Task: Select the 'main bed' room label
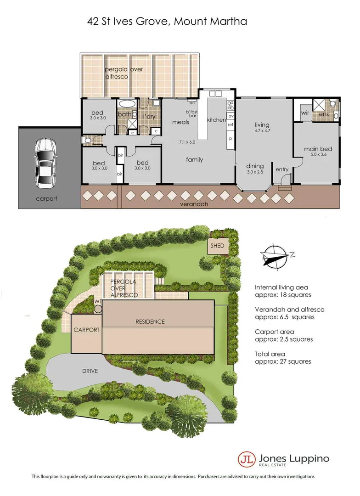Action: coord(318,149)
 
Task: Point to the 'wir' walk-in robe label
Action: coord(304,113)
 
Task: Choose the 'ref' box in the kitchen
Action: coord(231,124)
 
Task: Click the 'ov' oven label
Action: coord(231,116)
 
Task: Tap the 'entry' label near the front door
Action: coord(282,169)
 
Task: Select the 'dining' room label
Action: coord(255,166)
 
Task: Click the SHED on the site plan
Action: coord(217,246)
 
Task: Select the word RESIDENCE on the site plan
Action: coord(150,321)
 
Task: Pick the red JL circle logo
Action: coord(246,459)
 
